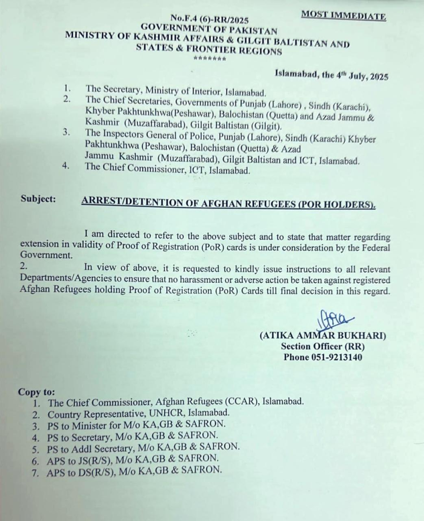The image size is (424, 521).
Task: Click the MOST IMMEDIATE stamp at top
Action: pyautogui.click(x=343, y=16)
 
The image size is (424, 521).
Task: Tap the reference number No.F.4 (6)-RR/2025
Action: pyautogui.click(x=209, y=20)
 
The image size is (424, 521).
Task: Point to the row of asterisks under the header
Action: pyautogui.click(x=209, y=59)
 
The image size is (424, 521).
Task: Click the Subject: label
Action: pyautogui.click(x=38, y=199)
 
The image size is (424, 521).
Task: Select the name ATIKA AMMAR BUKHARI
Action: pyautogui.click(x=323, y=336)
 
